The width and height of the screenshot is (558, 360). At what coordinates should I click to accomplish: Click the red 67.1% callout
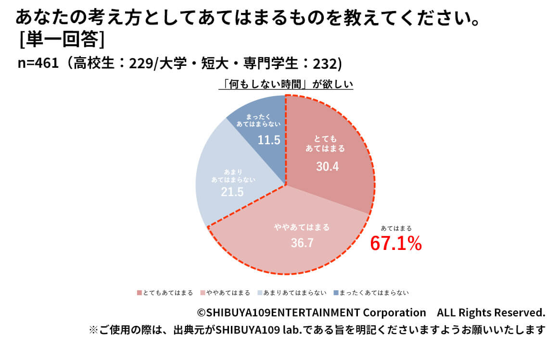tap(395, 244)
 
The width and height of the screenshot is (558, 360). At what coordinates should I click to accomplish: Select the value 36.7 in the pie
tap(302, 243)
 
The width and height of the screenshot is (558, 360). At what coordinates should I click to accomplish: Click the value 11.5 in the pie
tap(269, 140)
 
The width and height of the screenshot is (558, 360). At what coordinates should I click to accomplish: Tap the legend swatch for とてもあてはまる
tap(139, 293)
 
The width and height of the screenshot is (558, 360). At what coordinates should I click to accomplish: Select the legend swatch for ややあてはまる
tap(203, 293)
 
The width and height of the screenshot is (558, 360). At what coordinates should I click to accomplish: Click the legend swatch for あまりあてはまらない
tap(260, 293)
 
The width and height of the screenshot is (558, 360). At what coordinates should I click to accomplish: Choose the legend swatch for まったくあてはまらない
tap(336, 293)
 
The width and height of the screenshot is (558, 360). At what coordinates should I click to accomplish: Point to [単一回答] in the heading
tap(62, 39)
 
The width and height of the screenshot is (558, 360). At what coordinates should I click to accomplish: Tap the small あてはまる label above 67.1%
tap(396, 228)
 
